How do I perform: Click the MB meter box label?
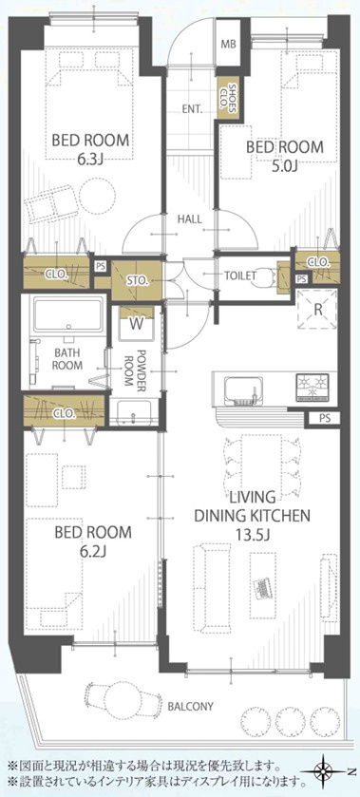click(228, 44)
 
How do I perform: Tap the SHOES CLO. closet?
click(227, 97)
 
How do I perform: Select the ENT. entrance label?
click(193, 109)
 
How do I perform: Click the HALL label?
click(189, 219)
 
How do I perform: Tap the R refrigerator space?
click(317, 309)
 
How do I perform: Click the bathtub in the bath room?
click(67, 315)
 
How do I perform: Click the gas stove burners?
click(313, 387)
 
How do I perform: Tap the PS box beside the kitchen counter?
click(325, 419)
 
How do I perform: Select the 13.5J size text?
click(253, 535)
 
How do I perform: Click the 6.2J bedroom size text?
click(92, 551)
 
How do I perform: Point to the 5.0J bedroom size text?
click(284, 165)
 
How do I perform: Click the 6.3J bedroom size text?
click(90, 160)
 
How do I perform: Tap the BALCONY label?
click(190, 706)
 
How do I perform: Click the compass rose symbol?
click(322, 773)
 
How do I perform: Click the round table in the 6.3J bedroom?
click(97, 196)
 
